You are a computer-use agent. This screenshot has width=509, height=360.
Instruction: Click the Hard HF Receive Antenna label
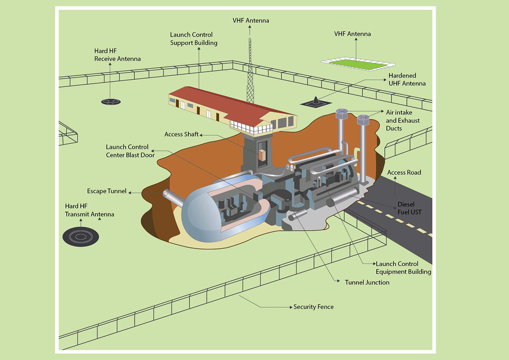pos(117,55)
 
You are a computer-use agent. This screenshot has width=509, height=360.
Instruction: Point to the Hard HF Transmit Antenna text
pos(89,210)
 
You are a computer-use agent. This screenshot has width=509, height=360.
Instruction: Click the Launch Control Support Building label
pos(194,39)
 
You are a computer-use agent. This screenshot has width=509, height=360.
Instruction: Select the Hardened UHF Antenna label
pos(407,79)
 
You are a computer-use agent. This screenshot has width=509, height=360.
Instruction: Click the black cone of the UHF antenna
pos(317,100)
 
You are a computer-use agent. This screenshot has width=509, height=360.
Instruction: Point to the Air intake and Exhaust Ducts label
pos(403,120)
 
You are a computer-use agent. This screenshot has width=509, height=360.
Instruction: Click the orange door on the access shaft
pos(262,155)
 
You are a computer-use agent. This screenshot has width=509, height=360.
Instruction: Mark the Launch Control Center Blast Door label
pos(130,151)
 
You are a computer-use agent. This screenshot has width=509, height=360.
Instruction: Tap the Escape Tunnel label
pos(106,191)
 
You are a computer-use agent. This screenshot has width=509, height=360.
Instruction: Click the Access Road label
pos(404,173)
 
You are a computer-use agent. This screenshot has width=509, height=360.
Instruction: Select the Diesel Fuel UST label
pos(409,208)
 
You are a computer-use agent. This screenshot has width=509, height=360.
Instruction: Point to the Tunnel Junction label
pos(367,282)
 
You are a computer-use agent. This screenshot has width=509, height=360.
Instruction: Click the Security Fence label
pos(313,307)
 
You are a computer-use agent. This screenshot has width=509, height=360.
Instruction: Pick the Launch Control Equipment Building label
pos(403,268)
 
